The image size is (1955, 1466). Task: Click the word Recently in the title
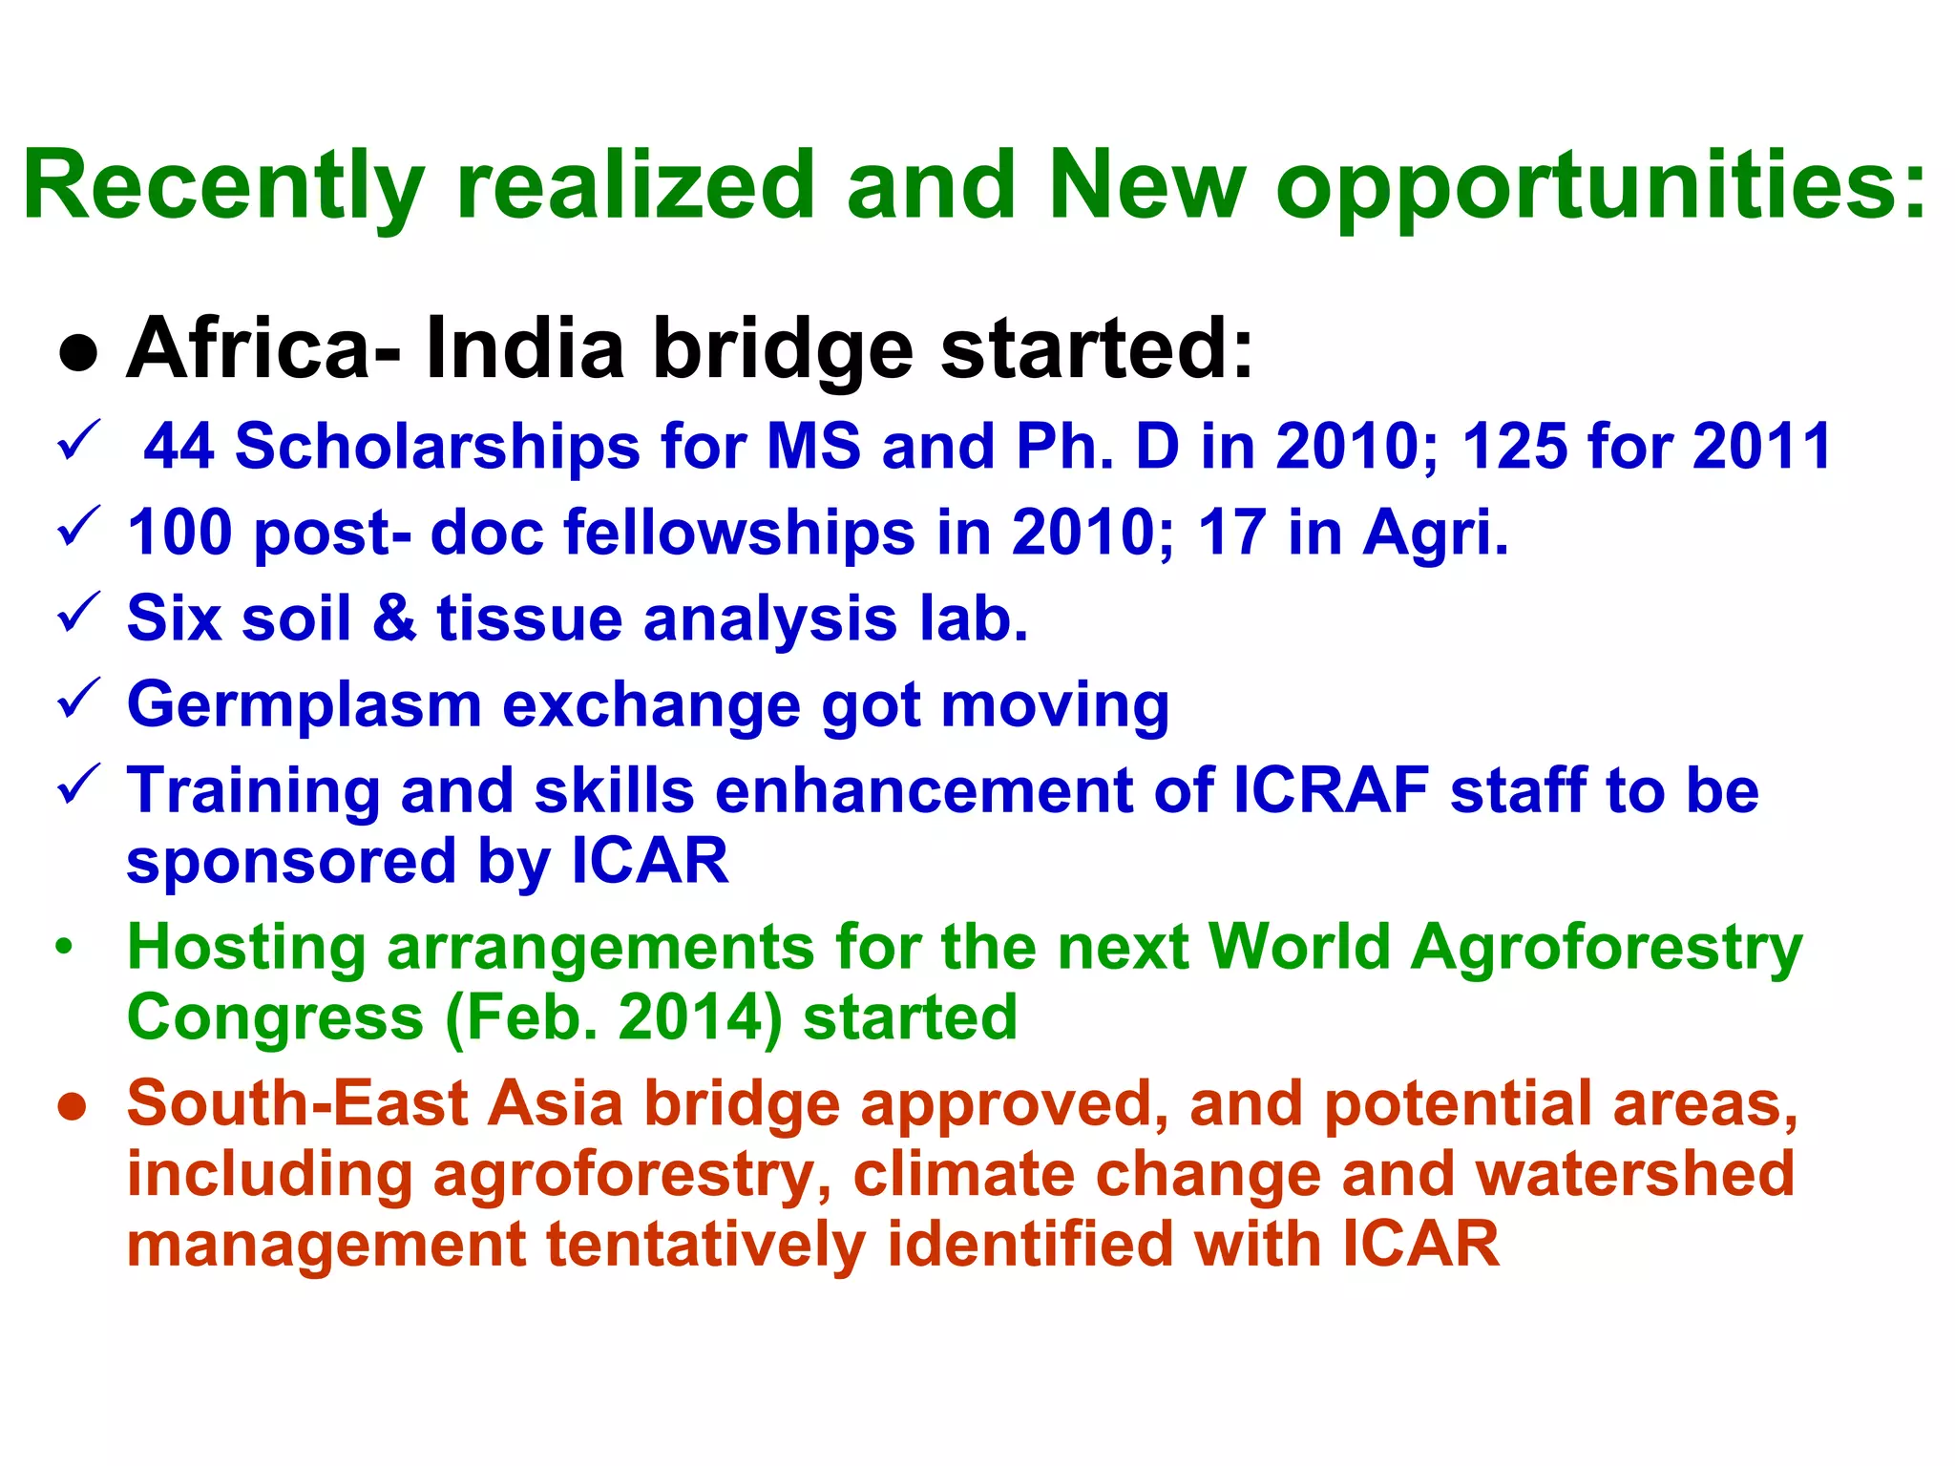tap(223, 186)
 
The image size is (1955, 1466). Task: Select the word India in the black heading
tap(524, 348)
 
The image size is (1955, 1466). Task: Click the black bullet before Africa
tap(78, 353)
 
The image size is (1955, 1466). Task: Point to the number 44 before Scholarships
tap(179, 447)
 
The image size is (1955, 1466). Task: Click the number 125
tap(1514, 447)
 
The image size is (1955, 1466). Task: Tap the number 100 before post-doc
tap(179, 532)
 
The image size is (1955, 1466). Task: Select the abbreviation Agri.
tap(1435, 532)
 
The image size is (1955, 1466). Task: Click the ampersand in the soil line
tap(394, 618)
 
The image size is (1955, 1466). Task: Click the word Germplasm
tap(305, 706)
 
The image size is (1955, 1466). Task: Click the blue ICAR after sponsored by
tap(650, 861)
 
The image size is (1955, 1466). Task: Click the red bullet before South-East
tap(73, 1107)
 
